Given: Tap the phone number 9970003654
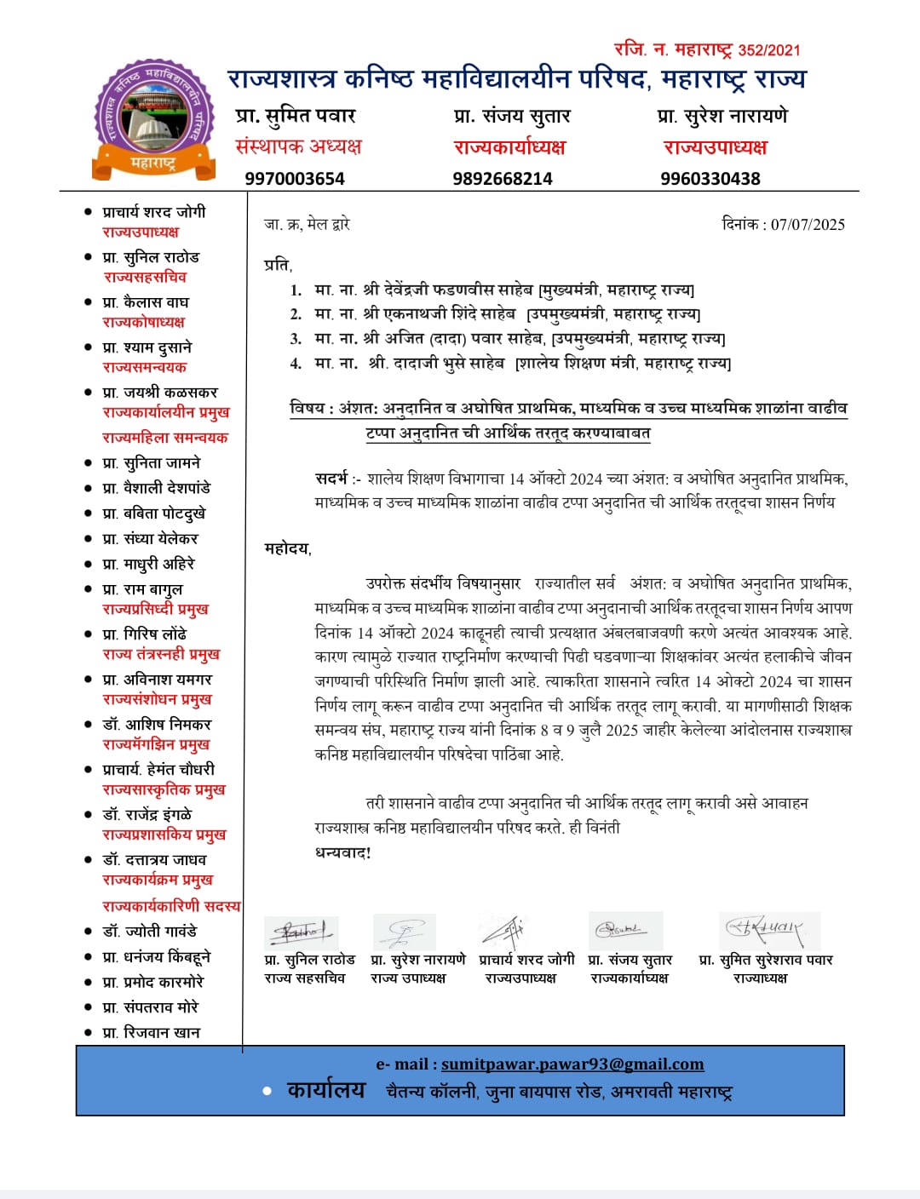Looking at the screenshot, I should [295, 179].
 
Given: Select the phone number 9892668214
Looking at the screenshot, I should [503, 179].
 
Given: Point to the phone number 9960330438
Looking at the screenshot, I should [710, 179].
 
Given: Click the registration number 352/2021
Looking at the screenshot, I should [769, 50].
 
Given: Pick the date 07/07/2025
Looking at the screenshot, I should [808, 225].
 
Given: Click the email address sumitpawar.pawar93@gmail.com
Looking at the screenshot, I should [572, 1064].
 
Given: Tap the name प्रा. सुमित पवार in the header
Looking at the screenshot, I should [296, 116].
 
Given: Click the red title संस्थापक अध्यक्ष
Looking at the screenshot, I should [298, 146].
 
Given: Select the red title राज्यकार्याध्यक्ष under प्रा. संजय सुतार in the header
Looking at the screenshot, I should [509, 147].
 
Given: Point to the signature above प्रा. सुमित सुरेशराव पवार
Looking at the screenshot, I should [764, 929].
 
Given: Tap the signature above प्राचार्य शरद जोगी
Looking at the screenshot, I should [506, 931].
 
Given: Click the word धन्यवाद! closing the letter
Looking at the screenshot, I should [343, 852].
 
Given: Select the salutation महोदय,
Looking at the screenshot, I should [288, 549].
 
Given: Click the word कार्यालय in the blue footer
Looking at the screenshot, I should [326, 1091].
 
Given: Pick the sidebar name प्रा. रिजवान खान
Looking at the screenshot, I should [152, 1032].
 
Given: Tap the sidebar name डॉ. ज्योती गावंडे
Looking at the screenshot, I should [150, 931].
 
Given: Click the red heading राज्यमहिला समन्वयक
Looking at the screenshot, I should [165, 438].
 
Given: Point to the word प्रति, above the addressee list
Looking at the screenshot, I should [278, 265].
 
